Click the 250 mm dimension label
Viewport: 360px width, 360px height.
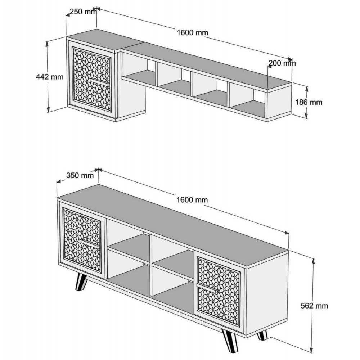[83, 12]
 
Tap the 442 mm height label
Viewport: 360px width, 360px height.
[50, 76]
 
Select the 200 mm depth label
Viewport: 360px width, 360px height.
[282, 63]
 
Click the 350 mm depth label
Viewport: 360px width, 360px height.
[80, 176]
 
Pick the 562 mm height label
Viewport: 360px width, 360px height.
[314, 306]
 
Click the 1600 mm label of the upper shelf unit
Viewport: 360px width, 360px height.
[193, 32]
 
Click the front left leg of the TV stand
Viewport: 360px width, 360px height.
[81, 282]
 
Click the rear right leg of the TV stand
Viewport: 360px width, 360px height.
[263, 336]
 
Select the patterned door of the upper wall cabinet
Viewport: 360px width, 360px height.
[91, 79]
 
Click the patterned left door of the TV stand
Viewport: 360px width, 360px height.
[82, 239]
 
